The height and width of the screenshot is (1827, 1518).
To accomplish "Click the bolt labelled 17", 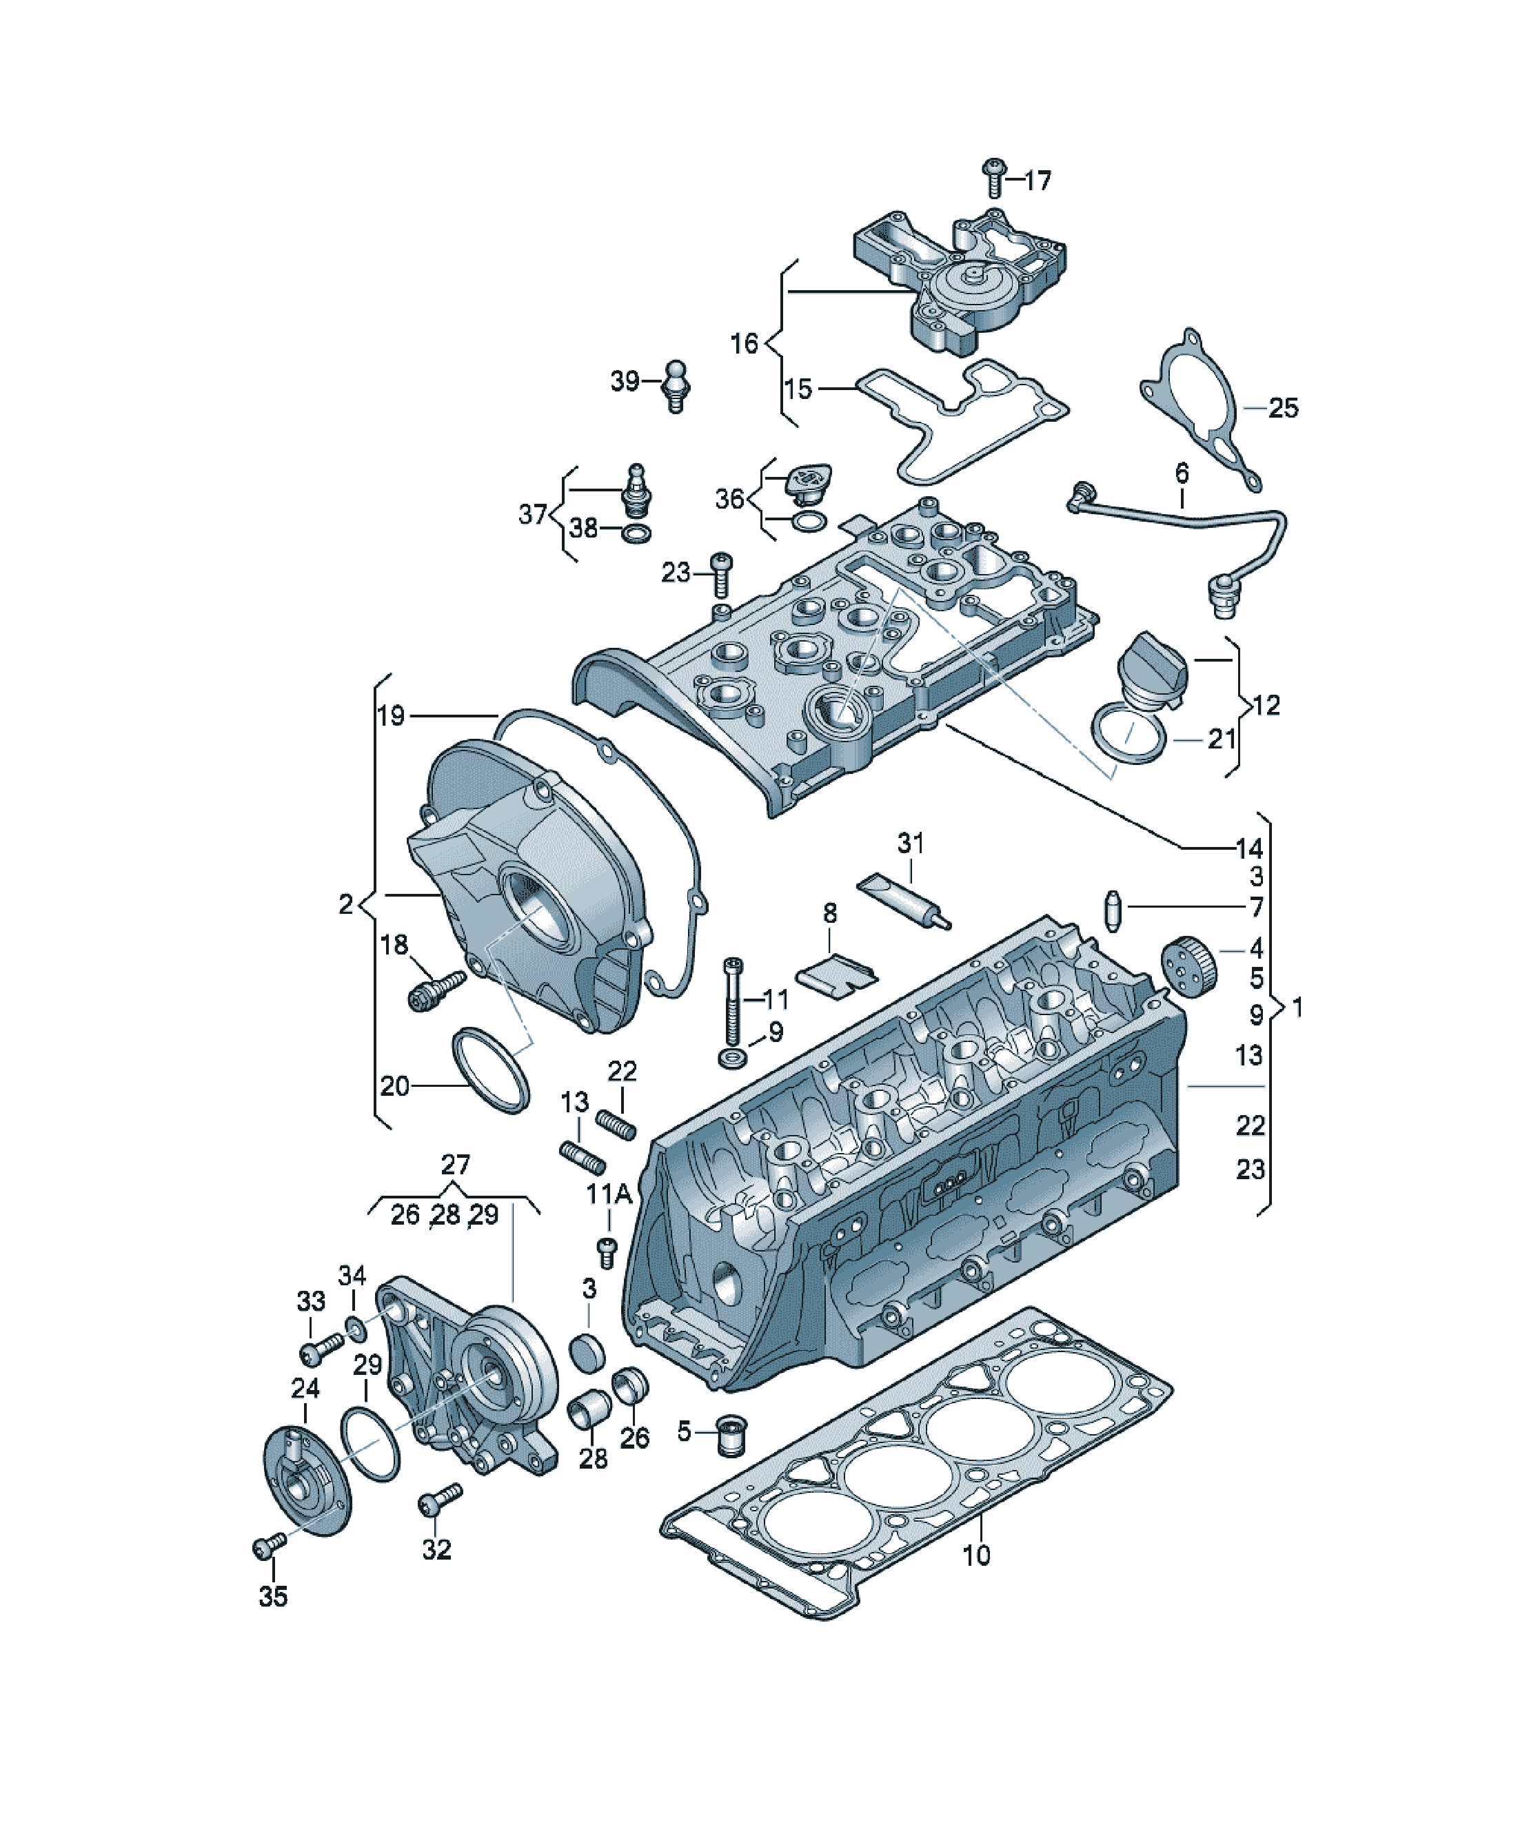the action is [x=993, y=178].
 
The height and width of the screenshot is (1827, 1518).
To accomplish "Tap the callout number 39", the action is [x=625, y=381].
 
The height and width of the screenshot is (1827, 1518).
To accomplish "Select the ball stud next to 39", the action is [x=676, y=385].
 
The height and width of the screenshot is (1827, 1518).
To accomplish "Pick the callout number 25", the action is [x=1283, y=407].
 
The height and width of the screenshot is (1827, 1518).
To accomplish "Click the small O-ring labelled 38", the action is [x=636, y=533].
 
